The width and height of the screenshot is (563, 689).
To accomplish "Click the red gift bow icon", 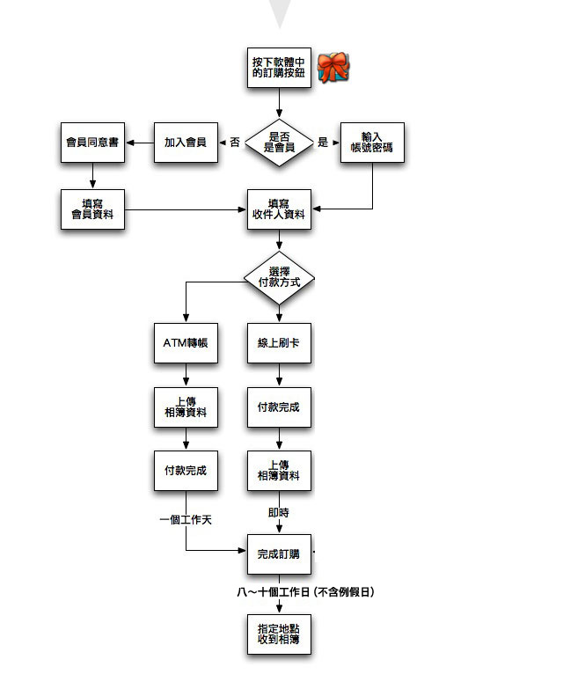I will tap(333, 67).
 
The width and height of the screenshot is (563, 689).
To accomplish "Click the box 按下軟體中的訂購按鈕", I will tap(279, 67).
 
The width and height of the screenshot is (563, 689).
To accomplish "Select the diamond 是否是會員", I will tap(279, 142).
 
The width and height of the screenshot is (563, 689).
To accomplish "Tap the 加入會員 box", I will tap(186, 142).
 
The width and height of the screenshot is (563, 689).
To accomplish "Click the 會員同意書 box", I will tap(92, 142).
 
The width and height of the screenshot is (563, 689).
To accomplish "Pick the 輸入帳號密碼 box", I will tap(372, 142).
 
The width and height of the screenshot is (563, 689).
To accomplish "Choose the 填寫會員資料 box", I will tap(92, 209).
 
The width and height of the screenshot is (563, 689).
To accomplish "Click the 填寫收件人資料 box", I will tap(279, 209).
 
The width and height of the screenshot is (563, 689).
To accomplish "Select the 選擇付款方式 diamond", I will tap(279, 279).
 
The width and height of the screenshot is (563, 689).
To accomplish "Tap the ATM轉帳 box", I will tap(186, 342).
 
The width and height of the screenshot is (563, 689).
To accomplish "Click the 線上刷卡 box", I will tap(279, 342).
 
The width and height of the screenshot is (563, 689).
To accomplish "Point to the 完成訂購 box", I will tap(279, 553).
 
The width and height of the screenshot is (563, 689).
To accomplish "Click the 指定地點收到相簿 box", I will tap(279, 634).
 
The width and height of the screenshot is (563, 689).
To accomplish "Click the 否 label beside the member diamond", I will tap(235, 142).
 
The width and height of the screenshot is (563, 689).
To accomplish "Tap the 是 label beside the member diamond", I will tap(323, 142).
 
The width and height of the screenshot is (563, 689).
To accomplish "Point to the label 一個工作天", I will tap(186, 519).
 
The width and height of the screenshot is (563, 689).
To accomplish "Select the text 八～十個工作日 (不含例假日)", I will tap(306, 592).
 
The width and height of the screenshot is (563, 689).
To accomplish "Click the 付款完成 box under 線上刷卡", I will tap(279, 408).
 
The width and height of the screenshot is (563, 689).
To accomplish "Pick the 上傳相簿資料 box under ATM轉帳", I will tap(186, 408).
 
